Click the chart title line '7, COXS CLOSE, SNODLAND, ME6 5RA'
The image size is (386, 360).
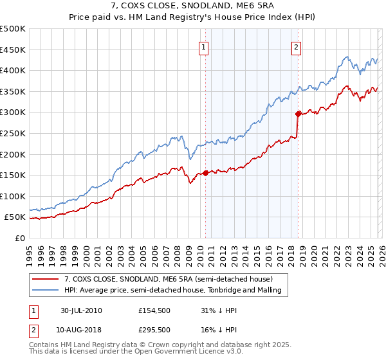tap(193, 6)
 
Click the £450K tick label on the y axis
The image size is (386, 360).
tap(13, 50)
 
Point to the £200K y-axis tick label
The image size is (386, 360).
tap(13, 154)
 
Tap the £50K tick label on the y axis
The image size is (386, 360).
tap(15, 217)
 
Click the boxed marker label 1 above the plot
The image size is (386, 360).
tap(203, 46)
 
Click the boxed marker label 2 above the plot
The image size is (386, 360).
tap(297, 46)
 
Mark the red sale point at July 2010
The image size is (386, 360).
tap(205, 173)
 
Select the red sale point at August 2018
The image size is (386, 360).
tap(298, 114)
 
